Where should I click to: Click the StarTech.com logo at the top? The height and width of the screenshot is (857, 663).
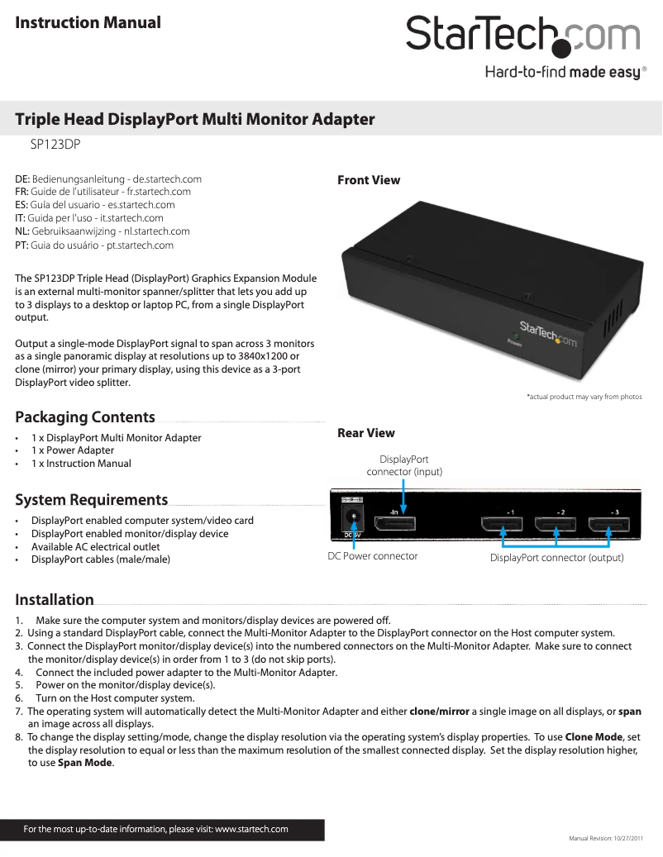coord(522,36)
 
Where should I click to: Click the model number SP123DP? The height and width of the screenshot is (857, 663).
coord(55,144)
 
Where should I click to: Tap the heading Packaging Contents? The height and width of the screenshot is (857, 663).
coord(85,417)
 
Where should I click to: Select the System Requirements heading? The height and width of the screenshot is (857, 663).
coord(91,500)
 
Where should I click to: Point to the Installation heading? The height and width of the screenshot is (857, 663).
coord(55,600)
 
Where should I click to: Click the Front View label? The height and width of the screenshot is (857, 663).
coord(369,180)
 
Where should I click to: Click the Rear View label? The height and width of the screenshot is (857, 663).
coord(366,433)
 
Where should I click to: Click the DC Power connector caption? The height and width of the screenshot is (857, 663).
coord(373,556)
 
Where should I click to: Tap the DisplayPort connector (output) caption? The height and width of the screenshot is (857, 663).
coord(556,559)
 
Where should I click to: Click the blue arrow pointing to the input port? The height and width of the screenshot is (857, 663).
coord(403,496)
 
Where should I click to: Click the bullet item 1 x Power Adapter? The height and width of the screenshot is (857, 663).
coord(73,450)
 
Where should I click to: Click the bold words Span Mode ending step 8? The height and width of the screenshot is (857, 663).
coord(85,763)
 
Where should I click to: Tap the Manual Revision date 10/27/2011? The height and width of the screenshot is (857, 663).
coord(624,838)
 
